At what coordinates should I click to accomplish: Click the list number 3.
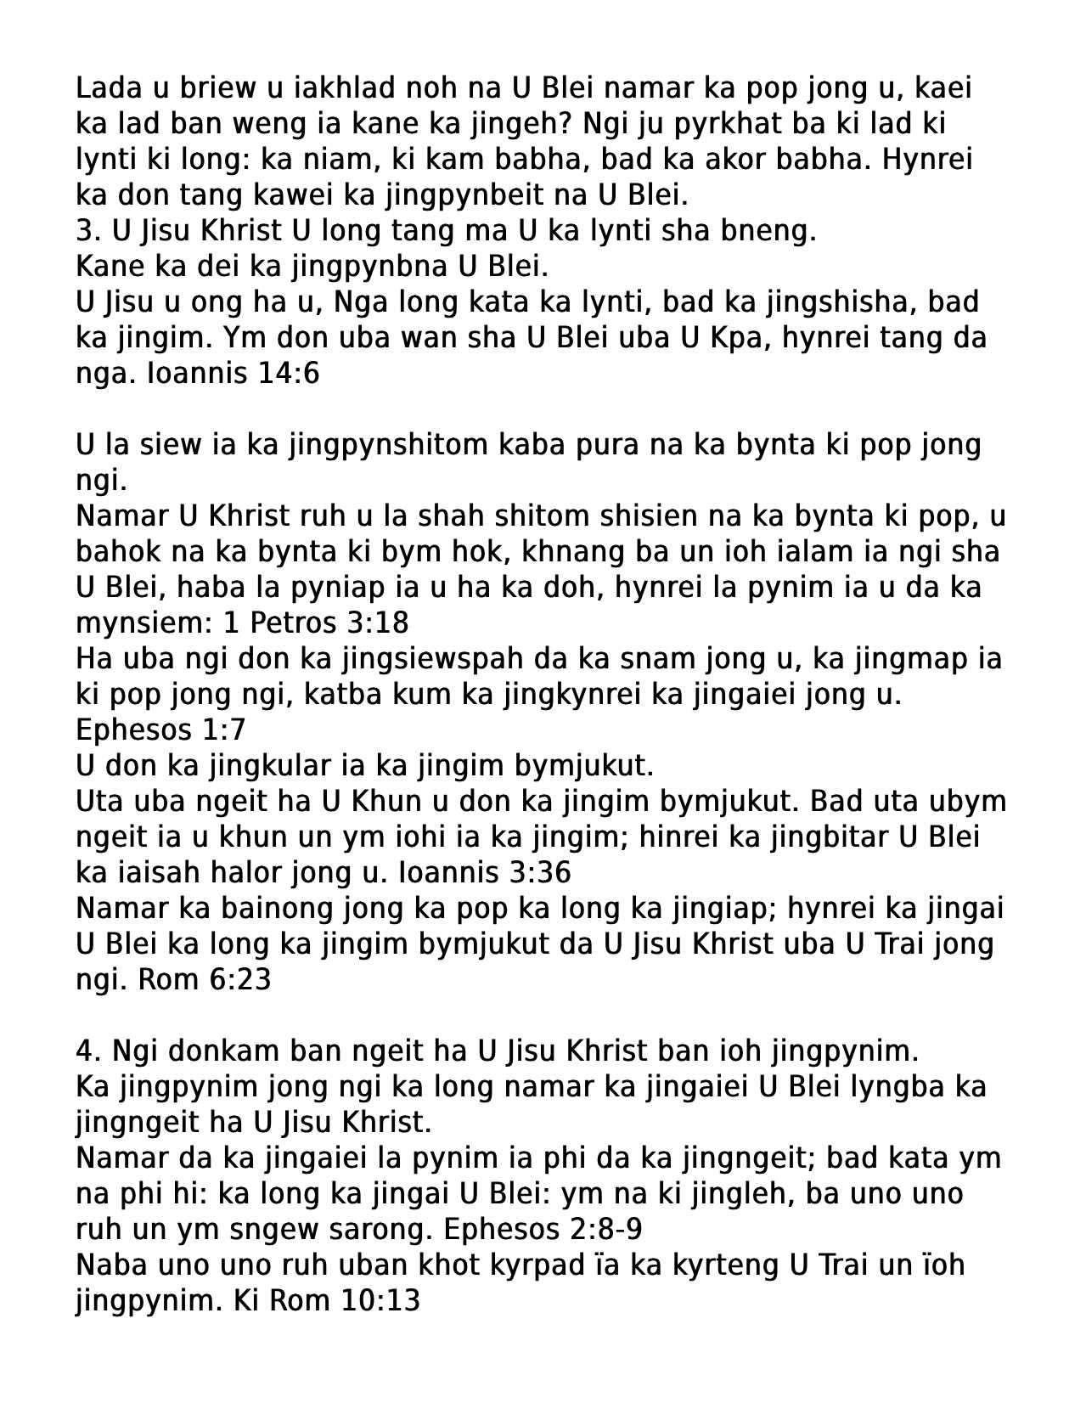85,231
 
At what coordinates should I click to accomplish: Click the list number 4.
85,1051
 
